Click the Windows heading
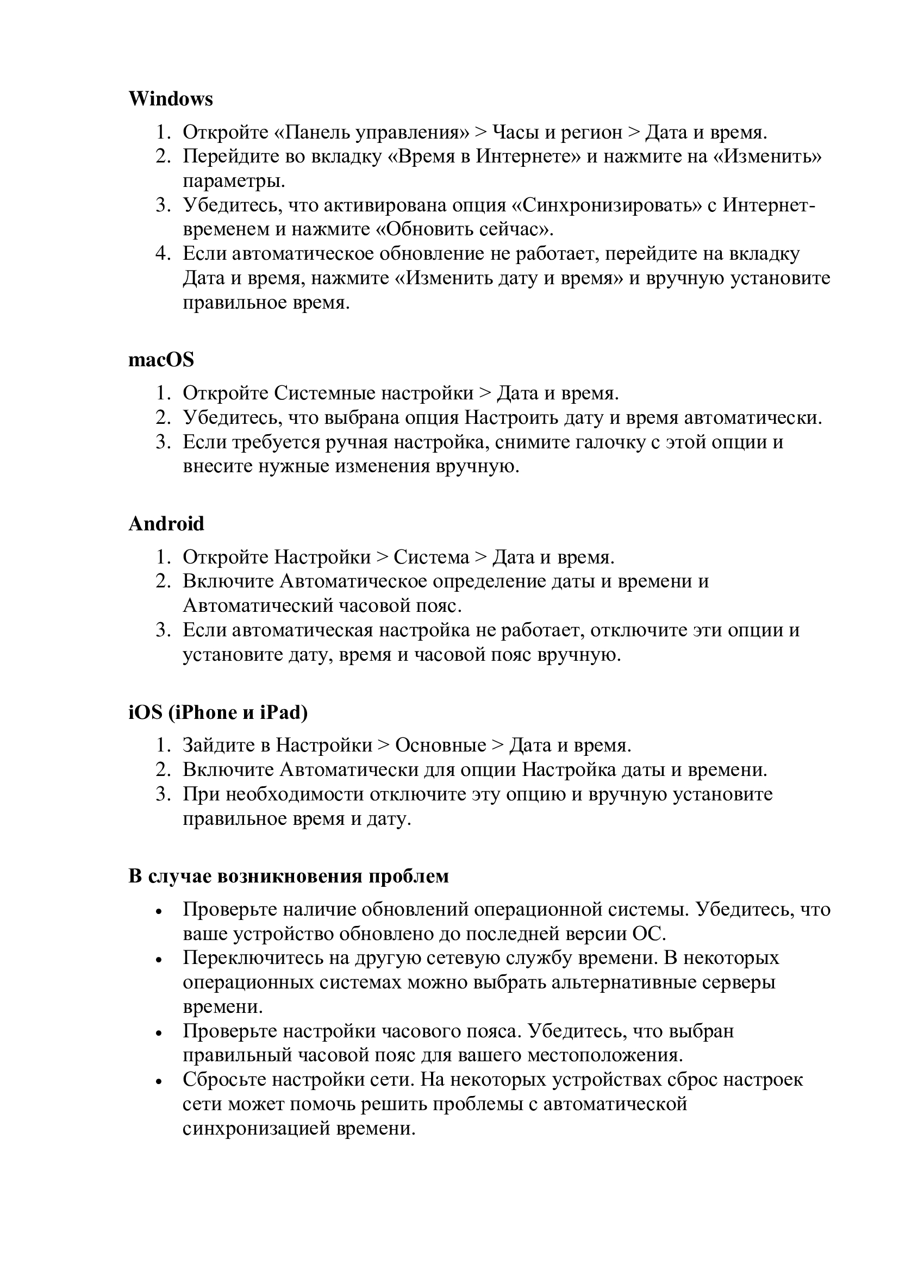pyautogui.click(x=171, y=99)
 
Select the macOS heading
pyautogui.click(x=161, y=360)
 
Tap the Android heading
pyautogui.click(x=166, y=524)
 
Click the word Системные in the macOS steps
pyautogui.click(x=325, y=393)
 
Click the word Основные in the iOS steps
pyautogui.click(x=441, y=746)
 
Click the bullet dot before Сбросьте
pyautogui.click(x=159, y=1081)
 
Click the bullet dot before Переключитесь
pyautogui.click(x=159, y=959)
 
